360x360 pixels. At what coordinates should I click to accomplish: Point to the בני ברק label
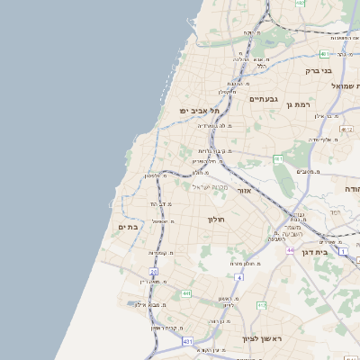(319, 69)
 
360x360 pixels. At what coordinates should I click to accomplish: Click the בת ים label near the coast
(128, 227)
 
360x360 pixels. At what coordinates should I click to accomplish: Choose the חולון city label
(216, 219)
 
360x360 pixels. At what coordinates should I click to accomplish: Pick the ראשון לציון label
(262, 338)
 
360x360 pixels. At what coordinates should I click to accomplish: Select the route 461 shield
(279, 159)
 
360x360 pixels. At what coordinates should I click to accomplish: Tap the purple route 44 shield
(290, 249)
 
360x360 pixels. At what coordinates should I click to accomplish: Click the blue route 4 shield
(239, 277)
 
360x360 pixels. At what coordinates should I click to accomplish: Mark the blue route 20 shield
(153, 271)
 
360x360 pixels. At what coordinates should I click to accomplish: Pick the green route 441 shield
(185, 293)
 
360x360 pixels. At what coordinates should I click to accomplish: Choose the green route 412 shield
(261, 306)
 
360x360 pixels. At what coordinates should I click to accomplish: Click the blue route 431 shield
(187, 342)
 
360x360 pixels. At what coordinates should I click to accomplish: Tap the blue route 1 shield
(343, 251)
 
